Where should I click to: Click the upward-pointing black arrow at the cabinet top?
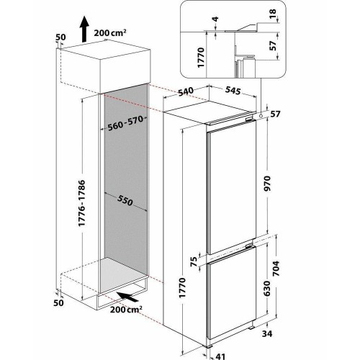(x=84, y=29)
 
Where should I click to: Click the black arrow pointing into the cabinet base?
(x=127, y=297)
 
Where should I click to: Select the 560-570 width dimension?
(x=127, y=123)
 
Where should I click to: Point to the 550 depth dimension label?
(x=125, y=200)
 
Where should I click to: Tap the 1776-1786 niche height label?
(x=82, y=203)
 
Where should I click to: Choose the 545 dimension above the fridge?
(x=233, y=91)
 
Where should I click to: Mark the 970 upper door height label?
(x=267, y=183)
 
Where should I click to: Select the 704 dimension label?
(x=276, y=268)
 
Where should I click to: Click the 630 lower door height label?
(x=266, y=288)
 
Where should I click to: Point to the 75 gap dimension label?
(x=194, y=261)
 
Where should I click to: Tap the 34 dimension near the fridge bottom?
(x=267, y=333)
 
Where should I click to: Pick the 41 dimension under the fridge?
(x=221, y=356)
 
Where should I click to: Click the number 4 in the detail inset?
(x=216, y=19)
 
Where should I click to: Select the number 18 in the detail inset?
(x=273, y=14)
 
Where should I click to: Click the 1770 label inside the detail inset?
(x=201, y=58)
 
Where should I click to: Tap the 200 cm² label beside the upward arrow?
(x=110, y=32)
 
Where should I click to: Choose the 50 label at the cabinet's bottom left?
(x=58, y=302)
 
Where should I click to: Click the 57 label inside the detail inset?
(x=273, y=45)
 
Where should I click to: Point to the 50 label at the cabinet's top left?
(x=60, y=37)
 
